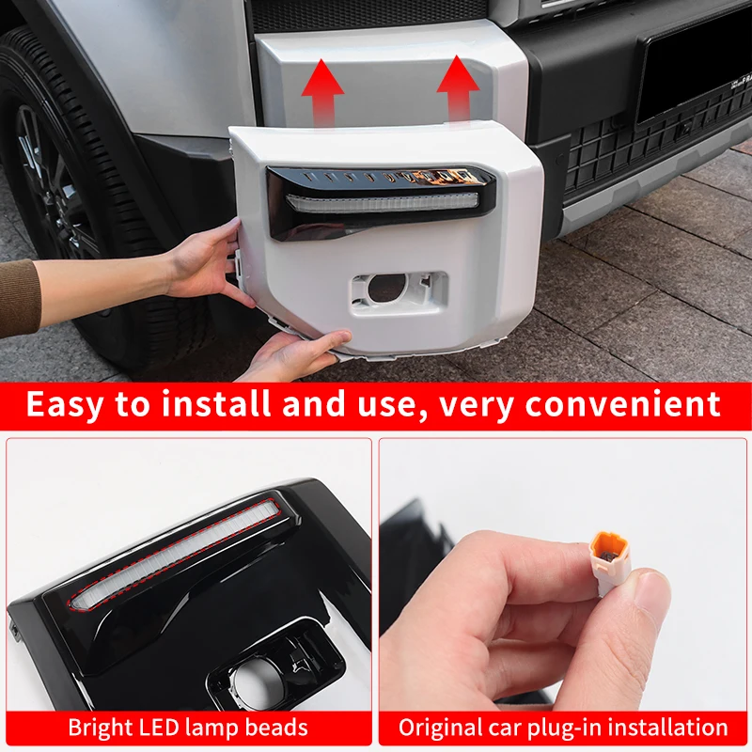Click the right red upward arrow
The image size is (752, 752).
click(x=457, y=86)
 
